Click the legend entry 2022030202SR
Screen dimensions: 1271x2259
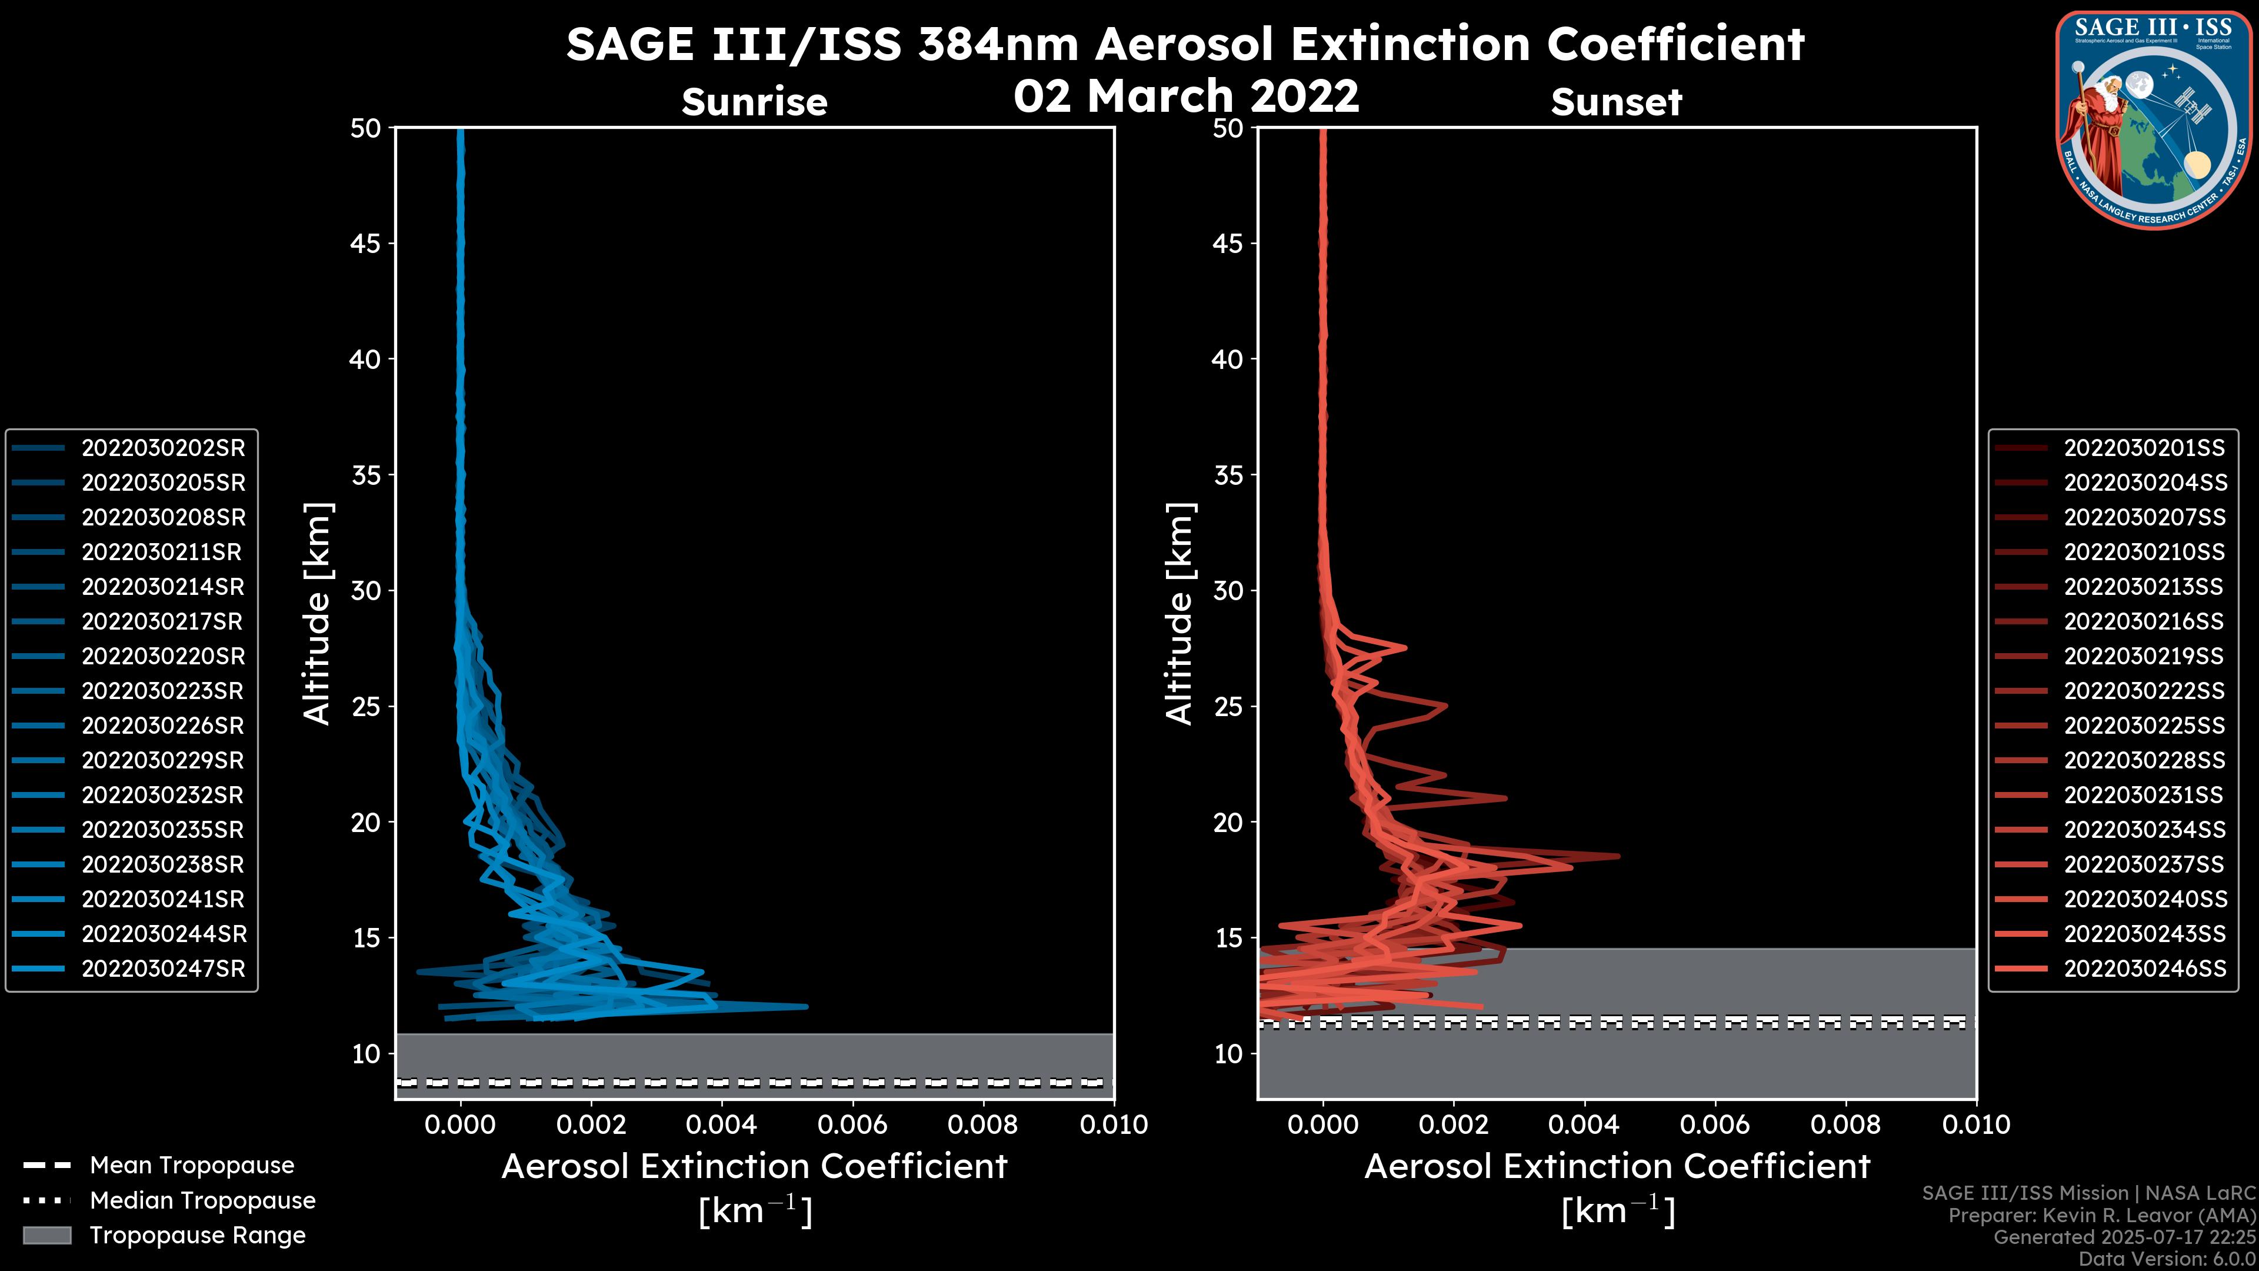[x=163, y=448]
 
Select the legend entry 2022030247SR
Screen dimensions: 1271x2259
[x=163, y=969]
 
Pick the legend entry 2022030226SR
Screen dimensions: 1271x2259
[x=163, y=726]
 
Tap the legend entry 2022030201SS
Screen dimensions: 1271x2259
[x=2144, y=448]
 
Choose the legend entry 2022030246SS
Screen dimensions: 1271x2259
[x=2144, y=969]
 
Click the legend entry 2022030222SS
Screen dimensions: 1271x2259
[x=2144, y=691]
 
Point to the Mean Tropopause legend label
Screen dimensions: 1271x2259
[x=192, y=1166]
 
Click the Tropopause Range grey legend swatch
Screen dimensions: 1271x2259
[x=47, y=1236]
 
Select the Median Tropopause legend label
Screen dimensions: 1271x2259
[x=202, y=1201]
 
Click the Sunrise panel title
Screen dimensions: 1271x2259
[x=754, y=102]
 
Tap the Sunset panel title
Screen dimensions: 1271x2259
[x=1616, y=102]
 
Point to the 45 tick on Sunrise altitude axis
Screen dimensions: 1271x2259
[x=366, y=244]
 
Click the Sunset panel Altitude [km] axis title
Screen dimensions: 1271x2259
[x=1180, y=614]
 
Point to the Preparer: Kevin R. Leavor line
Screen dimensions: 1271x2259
[x=2102, y=1216]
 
